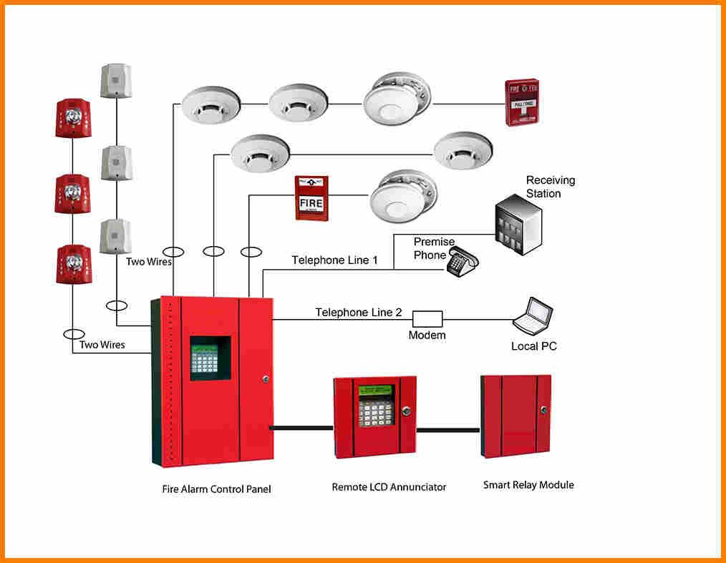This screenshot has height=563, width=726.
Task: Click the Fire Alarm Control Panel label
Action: [x=216, y=490]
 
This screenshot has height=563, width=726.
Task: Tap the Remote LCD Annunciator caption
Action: [x=389, y=487]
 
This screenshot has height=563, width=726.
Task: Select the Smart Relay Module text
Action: [x=528, y=485]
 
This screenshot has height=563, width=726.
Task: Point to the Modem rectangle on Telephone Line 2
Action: [x=427, y=319]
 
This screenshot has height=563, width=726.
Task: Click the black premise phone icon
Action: [x=462, y=263]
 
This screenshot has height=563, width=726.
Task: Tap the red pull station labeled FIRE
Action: [x=311, y=198]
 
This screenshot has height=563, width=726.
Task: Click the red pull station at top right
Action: [x=521, y=103]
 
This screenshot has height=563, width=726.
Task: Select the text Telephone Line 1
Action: [x=334, y=260]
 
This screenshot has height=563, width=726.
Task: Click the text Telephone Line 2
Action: [x=359, y=313]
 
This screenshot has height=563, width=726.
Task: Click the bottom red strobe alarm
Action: [x=73, y=264]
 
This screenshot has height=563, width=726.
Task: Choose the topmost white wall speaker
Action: [x=115, y=81]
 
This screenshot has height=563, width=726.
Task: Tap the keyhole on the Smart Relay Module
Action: [x=543, y=411]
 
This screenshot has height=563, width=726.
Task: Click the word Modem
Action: [x=427, y=336]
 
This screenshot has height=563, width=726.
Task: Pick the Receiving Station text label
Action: [x=550, y=187]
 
